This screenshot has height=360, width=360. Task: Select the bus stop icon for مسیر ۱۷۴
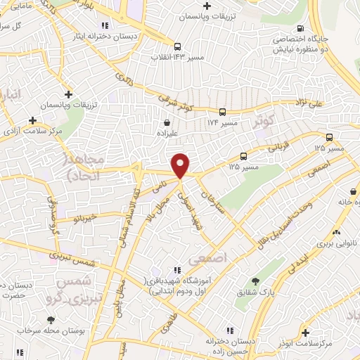click(x=222, y=111)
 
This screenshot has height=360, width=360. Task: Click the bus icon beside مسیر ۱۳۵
click(x=244, y=156)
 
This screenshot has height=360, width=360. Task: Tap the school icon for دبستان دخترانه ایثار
click(x=106, y=25)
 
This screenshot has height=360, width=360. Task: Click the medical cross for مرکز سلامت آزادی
click(x=32, y=121)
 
